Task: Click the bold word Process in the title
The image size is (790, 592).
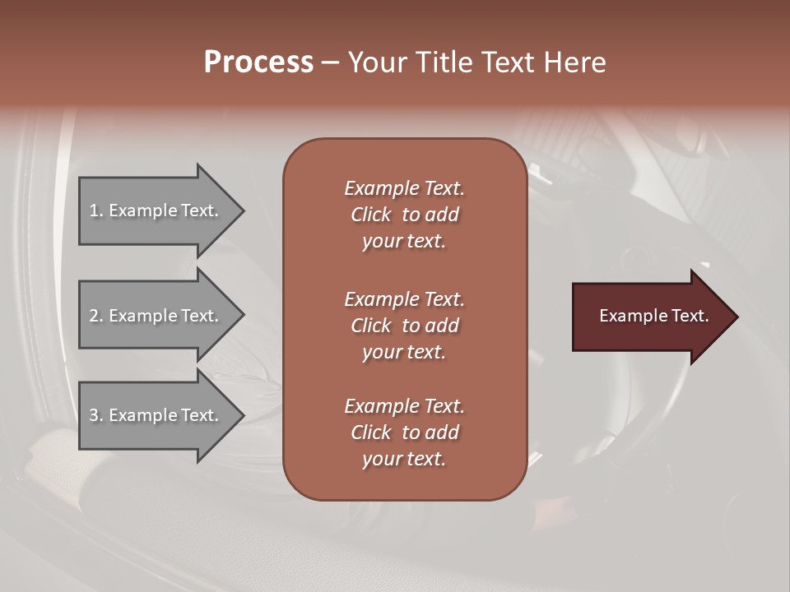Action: pyautogui.click(x=258, y=62)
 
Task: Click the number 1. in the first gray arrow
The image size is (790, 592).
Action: pyautogui.click(x=96, y=210)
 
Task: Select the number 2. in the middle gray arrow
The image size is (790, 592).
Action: pyautogui.click(x=96, y=316)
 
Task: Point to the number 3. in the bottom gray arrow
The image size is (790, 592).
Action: pyautogui.click(x=96, y=415)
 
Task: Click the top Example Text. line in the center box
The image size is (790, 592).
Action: pyautogui.click(x=404, y=188)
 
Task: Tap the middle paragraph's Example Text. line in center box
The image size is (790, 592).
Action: pyautogui.click(x=404, y=298)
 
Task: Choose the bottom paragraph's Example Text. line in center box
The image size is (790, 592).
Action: pyautogui.click(x=404, y=406)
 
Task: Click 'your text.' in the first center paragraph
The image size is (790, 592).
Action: pyautogui.click(x=404, y=242)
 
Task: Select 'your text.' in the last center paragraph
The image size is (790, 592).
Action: pyautogui.click(x=404, y=460)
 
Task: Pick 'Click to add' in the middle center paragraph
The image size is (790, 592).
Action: pyautogui.click(x=404, y=326)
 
